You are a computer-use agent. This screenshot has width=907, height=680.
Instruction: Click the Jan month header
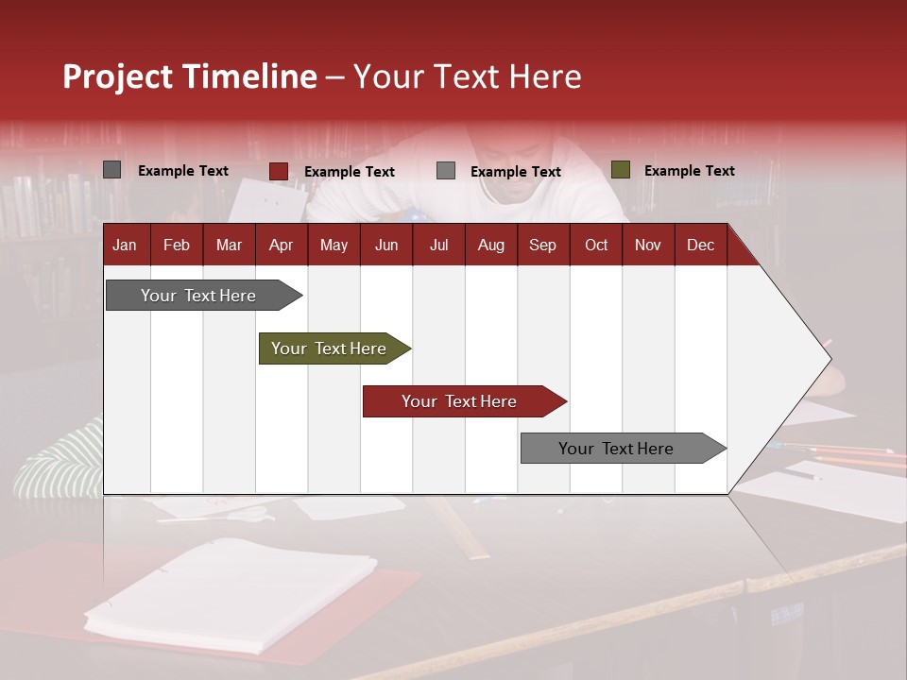tap(125, 246)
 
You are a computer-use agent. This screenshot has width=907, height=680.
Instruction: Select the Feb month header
tap(177, 246)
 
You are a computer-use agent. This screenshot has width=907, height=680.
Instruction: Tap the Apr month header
tap(281, 246)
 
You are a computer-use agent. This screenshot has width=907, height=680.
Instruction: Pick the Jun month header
tap(386, 246)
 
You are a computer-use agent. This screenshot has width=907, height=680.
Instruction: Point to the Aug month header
tap(490, 246)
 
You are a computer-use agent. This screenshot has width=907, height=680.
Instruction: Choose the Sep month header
tap(542, 246)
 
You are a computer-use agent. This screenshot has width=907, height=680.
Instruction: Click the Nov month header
tap(648, 246)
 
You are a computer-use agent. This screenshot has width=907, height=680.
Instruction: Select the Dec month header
tap(700, 246)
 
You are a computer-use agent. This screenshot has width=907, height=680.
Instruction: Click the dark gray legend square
tap(112, 170)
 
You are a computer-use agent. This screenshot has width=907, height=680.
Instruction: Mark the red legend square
tap(279, 171)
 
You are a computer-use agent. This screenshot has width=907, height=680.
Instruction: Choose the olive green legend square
tap(621, 170)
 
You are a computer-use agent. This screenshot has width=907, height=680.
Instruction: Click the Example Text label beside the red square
tap(349, 172)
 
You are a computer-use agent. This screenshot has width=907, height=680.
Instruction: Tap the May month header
tap(334, 246)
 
